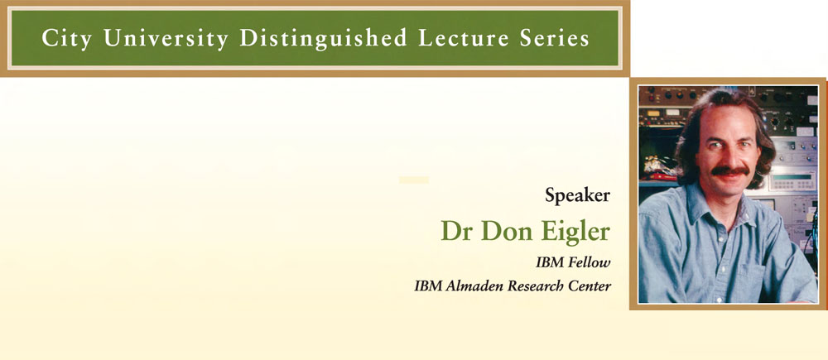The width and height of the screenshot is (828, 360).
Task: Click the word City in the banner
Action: tap(67, 39)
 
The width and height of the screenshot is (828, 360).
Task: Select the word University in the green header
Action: tap(166, 39)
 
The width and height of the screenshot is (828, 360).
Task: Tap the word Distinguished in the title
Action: tap(323, 38)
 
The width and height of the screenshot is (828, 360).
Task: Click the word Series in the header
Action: tap(556, 38)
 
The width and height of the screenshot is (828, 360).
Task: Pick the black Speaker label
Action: tap(578, 196)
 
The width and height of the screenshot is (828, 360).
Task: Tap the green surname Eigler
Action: tap(573, 232)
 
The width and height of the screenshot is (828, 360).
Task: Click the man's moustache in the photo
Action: tap(730, 171)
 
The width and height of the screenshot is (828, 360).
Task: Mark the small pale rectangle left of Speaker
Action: tap(413, 180)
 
